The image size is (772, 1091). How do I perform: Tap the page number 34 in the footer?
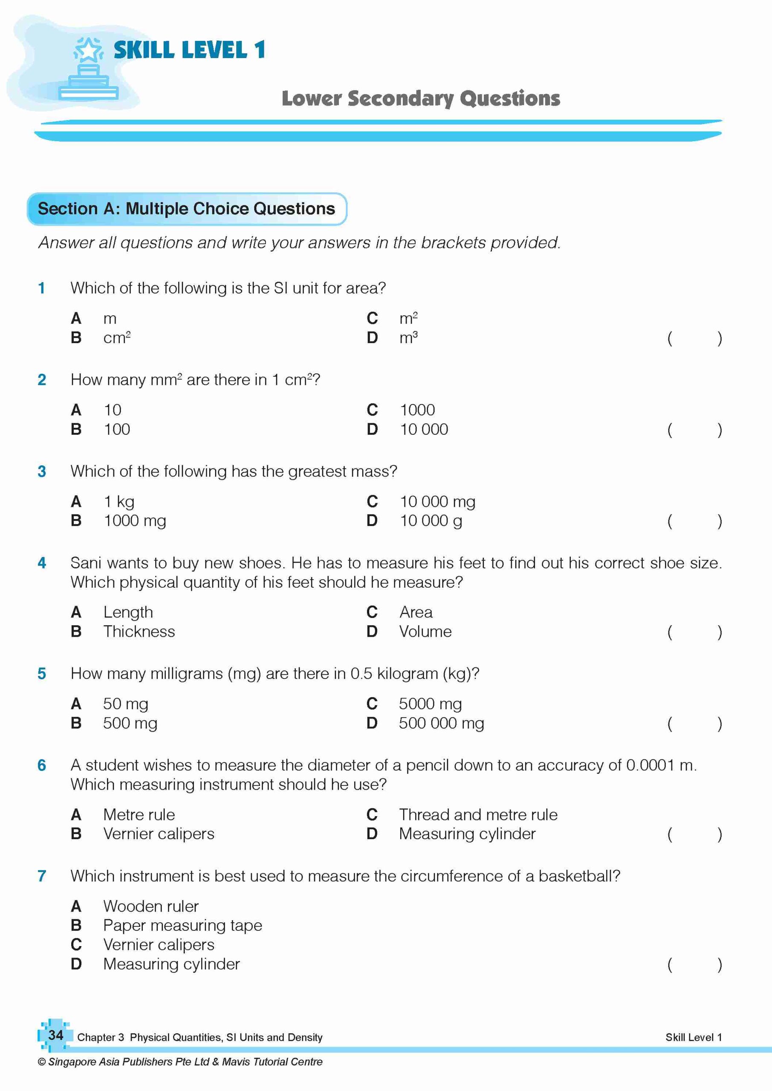pyautogui.click(x=55, y=1035)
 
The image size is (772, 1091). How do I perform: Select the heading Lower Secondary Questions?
pyautogui.click(x=421, y=98)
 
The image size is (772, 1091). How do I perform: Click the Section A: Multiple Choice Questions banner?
pyautogui.click(x=186, y=208)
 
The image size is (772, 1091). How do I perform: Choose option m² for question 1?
pyautogui.click(x=408, y=318)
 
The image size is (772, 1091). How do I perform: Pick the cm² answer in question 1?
pyautogui.click(x=117, y=338)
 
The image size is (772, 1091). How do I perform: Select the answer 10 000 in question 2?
pyautogui.click(x=424, y=430)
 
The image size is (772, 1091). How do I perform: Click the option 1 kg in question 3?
pyautogui.click(x=119, y=502)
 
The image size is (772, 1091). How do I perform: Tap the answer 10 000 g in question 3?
pyautogui.click(x=431, y=521)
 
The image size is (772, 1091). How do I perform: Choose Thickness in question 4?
pyautogui.click(x=139, y=632)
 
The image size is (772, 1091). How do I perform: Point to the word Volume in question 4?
pyautogui.click(x=425, y=632)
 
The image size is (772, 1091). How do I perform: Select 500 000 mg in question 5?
pyautogui.click(x=441, y=723)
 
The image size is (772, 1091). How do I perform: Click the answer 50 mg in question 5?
pyautogui.click(x=125, y=704)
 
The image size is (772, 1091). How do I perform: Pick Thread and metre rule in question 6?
pyautogui.click(x=478, y=814)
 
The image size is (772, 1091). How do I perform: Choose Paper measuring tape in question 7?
pyautogui.click(x=182, y=925)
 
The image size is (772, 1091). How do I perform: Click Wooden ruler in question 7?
pyautogui.click(x=151, y=906)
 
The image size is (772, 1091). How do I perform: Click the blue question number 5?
pyautogui.click(x=42, y=674)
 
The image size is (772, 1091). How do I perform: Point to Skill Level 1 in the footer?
pyautogui.click(x=693, y=1037)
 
